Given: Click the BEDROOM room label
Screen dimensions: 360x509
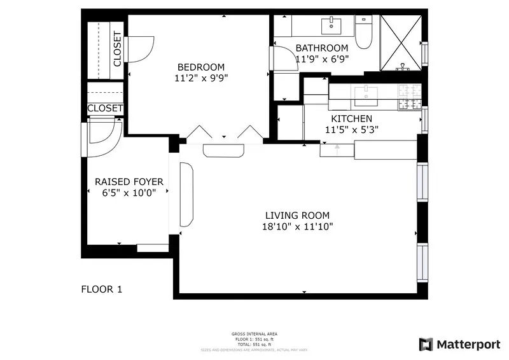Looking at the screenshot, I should (201, 67).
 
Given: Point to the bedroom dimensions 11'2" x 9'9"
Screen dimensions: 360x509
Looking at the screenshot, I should (201, 79).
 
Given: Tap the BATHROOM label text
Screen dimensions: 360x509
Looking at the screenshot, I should (322, 48).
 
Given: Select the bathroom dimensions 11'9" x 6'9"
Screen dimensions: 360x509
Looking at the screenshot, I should (322, 59).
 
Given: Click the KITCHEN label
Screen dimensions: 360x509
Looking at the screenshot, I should (351, 119).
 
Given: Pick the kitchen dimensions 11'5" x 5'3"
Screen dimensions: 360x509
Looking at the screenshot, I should (351, 130).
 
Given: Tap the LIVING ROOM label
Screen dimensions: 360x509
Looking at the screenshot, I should (298, 216).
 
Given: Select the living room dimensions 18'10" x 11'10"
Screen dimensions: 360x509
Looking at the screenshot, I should (298, 226).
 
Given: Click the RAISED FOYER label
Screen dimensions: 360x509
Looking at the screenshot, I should (129, 182).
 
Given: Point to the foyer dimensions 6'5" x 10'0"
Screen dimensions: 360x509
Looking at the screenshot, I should (129, 193).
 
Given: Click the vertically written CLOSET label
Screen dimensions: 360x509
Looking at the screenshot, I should (118, 49).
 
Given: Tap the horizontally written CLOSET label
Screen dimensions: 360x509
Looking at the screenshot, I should (105, 109).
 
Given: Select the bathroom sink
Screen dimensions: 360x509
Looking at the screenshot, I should (331, 26).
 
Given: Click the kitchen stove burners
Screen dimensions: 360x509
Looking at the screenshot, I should (409, 97).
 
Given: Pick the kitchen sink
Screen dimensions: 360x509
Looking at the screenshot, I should (366, 96).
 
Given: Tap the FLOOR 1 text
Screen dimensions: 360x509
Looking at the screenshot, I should (101, 289).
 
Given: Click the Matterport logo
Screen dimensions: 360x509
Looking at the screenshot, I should (459, 344).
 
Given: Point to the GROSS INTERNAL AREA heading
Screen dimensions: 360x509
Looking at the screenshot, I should (254, 334).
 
